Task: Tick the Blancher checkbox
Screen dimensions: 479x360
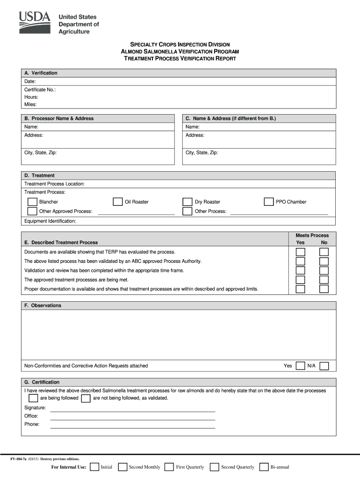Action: pyautogui.click(x=32, y=202)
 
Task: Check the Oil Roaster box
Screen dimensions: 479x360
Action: pyautogui.click(x=118, y=202)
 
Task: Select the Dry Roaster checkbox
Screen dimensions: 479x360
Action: pyautogui.click(x=187, y=202)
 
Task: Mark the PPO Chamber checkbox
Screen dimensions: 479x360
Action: pyautogui.click(x=268, y=202)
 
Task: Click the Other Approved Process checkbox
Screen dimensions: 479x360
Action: pyautogui.click(x=32, y=211)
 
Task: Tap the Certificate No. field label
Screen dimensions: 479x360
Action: pyautogui.click(x=40, y=89)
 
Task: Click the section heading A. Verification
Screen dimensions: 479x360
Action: pyautogui.click(x=41, y=73)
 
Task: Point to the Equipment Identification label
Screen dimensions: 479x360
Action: pyautogui.click(x=50, y=221)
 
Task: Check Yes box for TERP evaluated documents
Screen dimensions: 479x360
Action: pyautogui.click(x=300, y=252)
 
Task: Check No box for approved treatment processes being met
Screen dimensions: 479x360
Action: pyautogui.click(x=324, y=280)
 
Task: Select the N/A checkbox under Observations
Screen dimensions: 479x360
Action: pyautogui.click(x=324, y=366)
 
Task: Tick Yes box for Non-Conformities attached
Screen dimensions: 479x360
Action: pyautogui.click(x=300, y=366)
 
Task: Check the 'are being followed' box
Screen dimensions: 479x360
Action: pyautogui.click(x=33, y=398)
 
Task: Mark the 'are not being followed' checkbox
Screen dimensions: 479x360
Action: pyautogui.click(x=86, y=398)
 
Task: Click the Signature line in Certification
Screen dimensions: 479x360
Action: pyautogui.click(x=132, y=408)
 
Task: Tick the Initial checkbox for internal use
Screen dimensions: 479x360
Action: pyautogui.click(x=94, y=467)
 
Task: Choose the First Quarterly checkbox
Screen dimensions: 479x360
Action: pyautogui.click(x=169, y=467)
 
